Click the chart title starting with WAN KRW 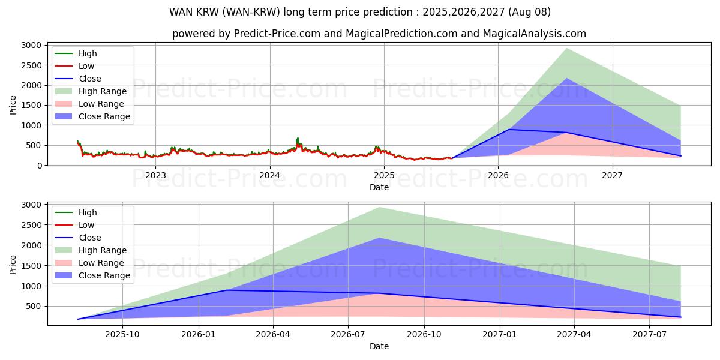[x=360, y=12]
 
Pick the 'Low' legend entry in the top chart [x=86, y=66]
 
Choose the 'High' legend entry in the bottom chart [x=87, y=212]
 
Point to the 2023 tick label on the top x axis [x=155, y=175]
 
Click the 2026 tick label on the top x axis [x=498, y=175]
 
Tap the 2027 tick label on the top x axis [x=612, y=175]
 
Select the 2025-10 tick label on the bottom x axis [x=122, y=335]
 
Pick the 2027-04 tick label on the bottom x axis [x=574, y=335]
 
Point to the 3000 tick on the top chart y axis [x=31, y=46]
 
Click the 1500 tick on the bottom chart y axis [x=31, y=266]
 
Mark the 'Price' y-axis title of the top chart [x=13, y=105]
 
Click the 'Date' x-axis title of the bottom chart [x=379, y=346]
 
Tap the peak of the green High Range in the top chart [x=566, y=49]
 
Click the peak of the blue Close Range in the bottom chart [x=380, y=238]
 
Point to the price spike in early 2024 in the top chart [x=297, y=138]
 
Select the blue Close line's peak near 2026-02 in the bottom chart [x=227, y=290]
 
